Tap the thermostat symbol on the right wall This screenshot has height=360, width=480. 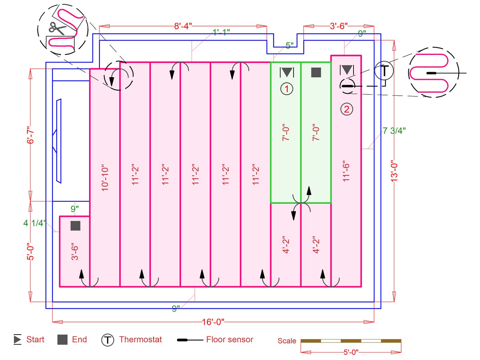[x=384, y=71]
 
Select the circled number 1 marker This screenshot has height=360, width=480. [x=287, y=89]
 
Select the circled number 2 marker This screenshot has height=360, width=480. [x=347, y=109]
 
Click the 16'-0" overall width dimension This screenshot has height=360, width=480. [x=213, y=322]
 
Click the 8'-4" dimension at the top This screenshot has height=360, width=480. [x=183, y=26]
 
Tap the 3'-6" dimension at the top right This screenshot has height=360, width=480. [x=338, y=26]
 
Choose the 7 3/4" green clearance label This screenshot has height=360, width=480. [x=394, y=131]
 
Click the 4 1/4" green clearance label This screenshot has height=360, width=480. [x=34, y=223]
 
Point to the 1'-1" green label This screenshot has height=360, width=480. [x=221, y=32]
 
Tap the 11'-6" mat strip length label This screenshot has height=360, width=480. [x=346, y=171]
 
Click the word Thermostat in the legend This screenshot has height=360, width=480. [x=140, y=340]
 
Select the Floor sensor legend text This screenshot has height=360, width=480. [x=229, y=340]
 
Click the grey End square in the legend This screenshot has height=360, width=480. [x=62, y=340]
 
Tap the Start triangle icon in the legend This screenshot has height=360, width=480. [x=17, y=339]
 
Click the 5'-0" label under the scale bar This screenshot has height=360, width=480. [x=351, y=352]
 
